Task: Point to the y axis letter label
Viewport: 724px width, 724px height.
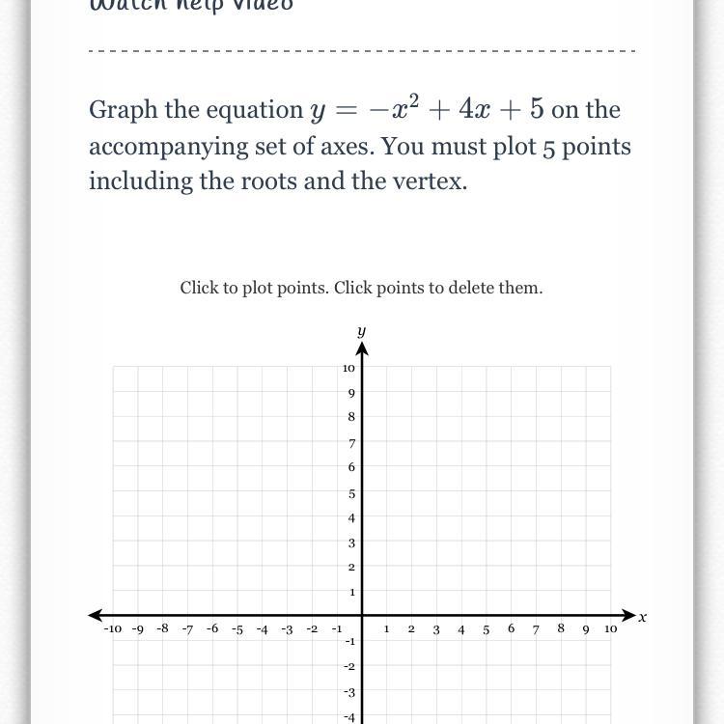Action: pyautogui.click(x=361, y=331)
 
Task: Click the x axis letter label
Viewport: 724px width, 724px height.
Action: pyautogui.click(x=643, y=617)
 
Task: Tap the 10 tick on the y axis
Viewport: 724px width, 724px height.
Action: pyautogui.click(x=348, y=368)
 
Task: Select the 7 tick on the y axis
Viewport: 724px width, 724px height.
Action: pyautogui.click(x=351, y=443)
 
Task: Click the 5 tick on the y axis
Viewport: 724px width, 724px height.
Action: pyautogui.click(x=351, y=493)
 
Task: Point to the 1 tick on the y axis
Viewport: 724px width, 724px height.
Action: pyautogui.click(x=351, y=592)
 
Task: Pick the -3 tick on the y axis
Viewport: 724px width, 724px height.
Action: pyautogui.click(x=349, y=692)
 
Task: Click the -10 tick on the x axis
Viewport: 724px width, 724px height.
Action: pyautogui.click(x=113, y=629)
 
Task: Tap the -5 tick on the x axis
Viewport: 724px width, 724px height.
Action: pyautogui.click(x=237, y=629)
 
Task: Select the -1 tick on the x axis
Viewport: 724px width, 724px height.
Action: pyautogui.click(x=337, y=628)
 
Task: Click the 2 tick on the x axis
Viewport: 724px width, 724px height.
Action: pyautogui.click(x=411, y=629)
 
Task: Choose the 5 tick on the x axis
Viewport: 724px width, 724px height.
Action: pyautogui.click(x=487, y=629)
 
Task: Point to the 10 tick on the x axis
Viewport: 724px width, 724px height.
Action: pyautogui.click(x=611, y=629)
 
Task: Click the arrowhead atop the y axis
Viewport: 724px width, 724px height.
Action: pyautogui.click(x=361, y=347)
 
